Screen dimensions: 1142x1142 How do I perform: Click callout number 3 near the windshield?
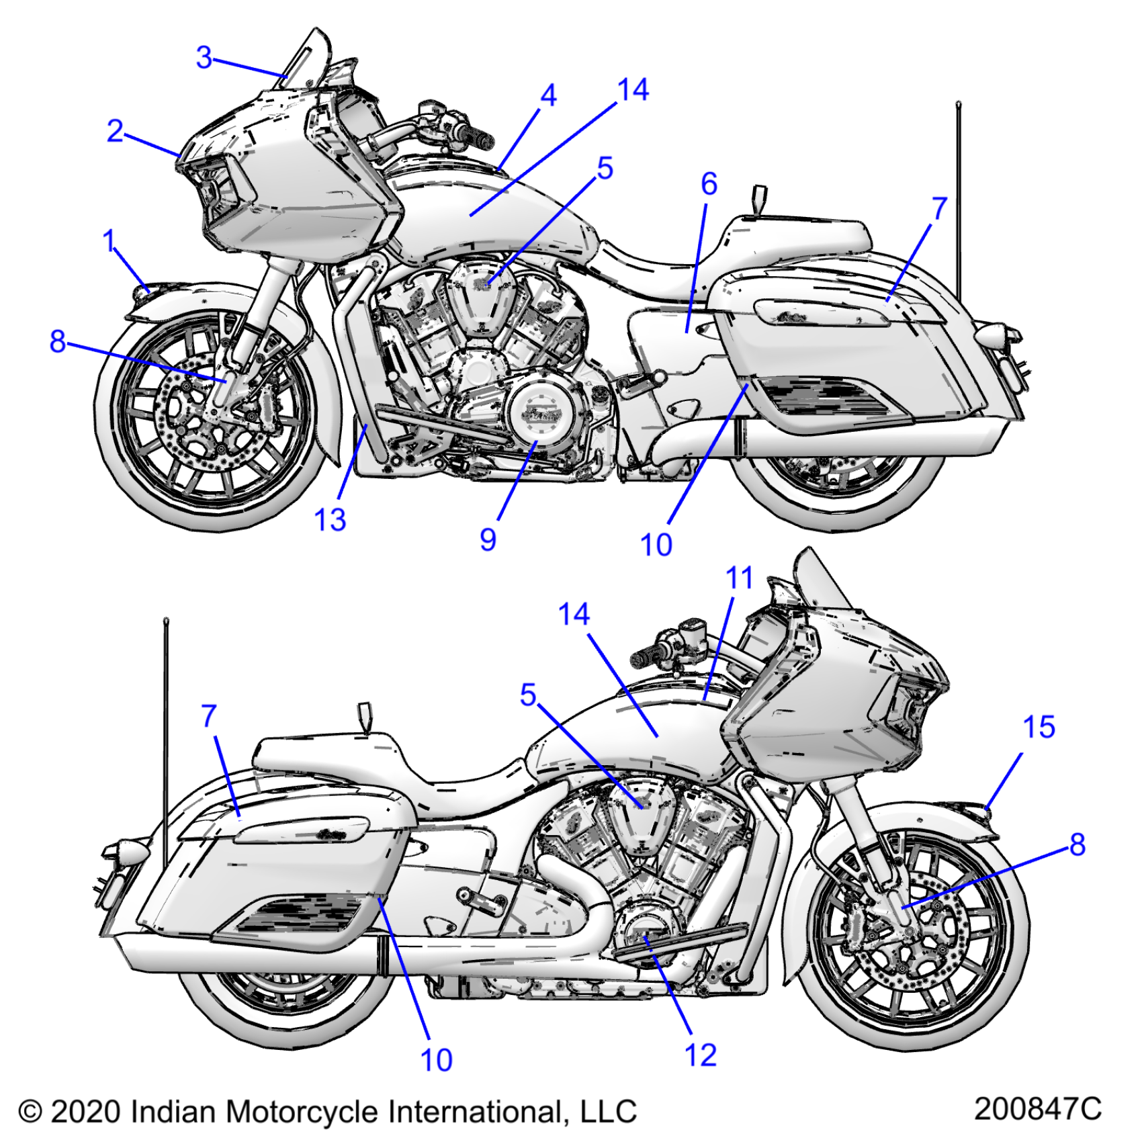(x=204, y=58)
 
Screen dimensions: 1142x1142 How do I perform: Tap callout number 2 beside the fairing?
(x=115, y=130)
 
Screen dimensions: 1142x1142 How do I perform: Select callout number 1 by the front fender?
(x=109, y=241)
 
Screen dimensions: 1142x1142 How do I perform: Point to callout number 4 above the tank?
(x=548, y=95)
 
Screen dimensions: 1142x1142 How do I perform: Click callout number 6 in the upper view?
(x=709, y=184)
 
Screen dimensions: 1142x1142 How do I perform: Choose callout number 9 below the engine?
(x=488, y=539)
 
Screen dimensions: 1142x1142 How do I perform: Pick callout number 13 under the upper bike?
(x=330, y=519)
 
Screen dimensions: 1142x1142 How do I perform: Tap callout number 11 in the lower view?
(x=739, y=578)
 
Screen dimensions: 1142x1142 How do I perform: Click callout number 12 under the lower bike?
(x=701, y=1055)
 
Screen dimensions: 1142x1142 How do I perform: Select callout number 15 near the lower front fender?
(x=1039, y=727)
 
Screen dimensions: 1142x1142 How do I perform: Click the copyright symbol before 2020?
(x=30, y=1112)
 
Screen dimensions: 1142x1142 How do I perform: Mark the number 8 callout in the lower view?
(x=1077, y=844)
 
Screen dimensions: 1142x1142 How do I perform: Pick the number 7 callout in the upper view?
(x=939, y=208)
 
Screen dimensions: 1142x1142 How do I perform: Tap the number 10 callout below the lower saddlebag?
(x=436, y=1060)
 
